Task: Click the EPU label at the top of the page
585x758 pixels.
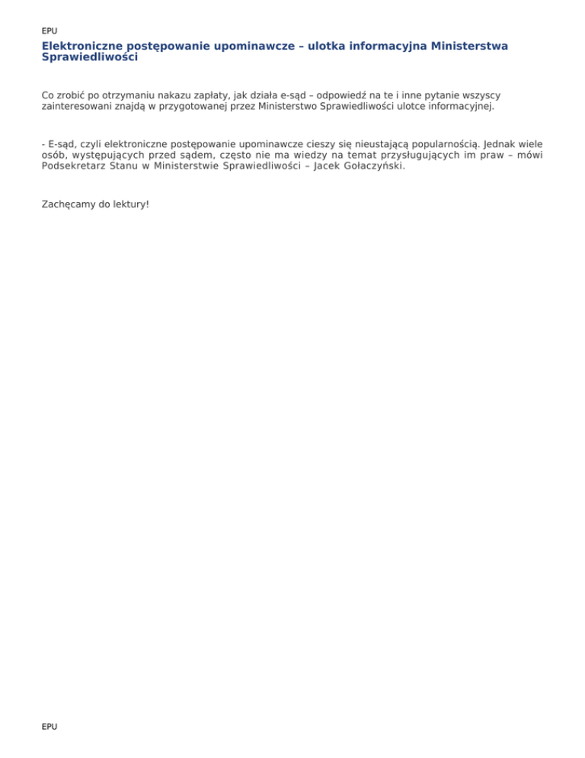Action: [x=50, y=31]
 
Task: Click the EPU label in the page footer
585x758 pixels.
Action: [x=50, y=727]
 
